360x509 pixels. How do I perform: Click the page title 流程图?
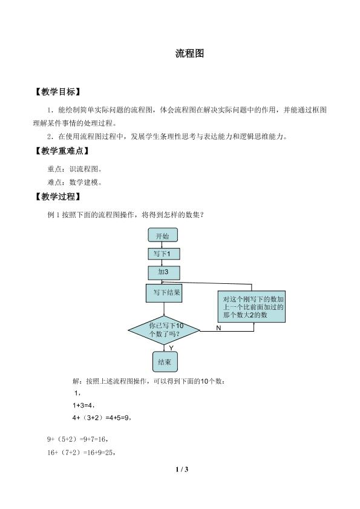click(x=189, y=53)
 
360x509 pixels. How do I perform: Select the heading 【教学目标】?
click(x=57, y=92)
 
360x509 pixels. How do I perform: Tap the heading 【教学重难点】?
click(x=62, y=151)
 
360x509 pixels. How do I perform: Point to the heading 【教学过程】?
click(x=57, y=197)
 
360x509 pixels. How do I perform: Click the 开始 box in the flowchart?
click(x=163, y=235)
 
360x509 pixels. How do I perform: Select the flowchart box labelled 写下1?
click(x=163, y=254)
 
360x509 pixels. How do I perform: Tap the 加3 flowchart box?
click(x=163, y=273)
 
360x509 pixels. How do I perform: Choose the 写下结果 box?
click(x=163, y=293)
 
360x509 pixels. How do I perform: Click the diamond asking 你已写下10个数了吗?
click(x=164, y=330)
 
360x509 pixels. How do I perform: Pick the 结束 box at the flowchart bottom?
click(x=165, y=361)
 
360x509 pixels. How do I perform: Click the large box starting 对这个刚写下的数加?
click(x=252, y=306)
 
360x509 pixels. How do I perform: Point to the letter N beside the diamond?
click(x=218, y=328)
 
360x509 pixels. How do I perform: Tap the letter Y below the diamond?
click(x=171, y=348)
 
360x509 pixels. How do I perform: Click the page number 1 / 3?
click(x=182, y=470)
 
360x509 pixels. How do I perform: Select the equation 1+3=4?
click(x=83, y=406)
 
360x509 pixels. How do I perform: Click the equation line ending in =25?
click(x=82, y=453)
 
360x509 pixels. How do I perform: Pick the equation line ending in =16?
click(x=77, y=439)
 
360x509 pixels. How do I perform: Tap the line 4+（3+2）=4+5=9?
click(x=102, y=418)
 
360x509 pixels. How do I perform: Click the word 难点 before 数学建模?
click(x=54, y=182)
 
